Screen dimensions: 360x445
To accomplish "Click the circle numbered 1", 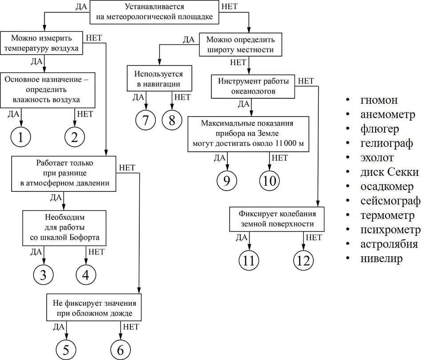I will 21,138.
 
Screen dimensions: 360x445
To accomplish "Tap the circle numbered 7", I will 146,120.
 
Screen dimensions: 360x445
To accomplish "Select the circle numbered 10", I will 270,180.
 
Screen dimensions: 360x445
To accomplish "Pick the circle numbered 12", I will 303,261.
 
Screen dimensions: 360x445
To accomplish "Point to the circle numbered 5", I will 66,350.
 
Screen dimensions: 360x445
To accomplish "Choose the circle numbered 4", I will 86,275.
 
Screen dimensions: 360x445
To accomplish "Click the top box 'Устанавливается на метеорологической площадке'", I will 154,12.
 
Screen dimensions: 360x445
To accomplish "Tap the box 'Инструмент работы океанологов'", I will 253,86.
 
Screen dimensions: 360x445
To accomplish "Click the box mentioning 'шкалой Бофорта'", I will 65,228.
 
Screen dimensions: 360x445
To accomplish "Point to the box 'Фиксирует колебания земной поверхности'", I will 276,218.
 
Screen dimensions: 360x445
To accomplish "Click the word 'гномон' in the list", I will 379,100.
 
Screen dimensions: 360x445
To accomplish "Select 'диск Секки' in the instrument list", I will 389,172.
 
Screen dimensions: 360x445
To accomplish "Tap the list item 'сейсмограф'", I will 390,201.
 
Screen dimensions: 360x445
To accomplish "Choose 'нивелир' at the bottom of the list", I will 382,259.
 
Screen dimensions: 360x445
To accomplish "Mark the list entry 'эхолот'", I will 377,158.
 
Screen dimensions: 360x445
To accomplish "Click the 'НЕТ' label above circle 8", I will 182,97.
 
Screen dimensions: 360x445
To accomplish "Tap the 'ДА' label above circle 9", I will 220,158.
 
